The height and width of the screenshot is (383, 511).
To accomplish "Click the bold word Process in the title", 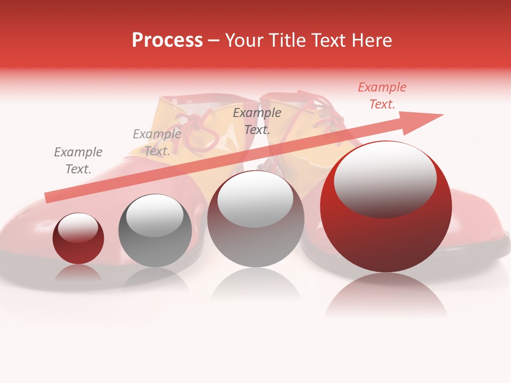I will pos(167,40).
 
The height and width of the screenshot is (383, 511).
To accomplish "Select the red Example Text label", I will pos(382,96).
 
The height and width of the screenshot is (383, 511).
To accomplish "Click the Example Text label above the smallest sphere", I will pos(78,161).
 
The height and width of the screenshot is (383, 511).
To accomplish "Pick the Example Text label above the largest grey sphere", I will pos(257,121).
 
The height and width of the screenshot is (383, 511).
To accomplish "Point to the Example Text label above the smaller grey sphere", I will pos(157,143).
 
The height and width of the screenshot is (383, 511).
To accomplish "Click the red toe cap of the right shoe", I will pos(479,223).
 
